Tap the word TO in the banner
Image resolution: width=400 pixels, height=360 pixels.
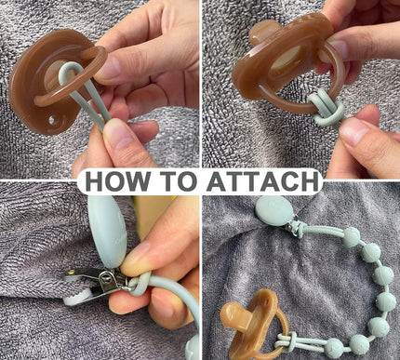point(179,181)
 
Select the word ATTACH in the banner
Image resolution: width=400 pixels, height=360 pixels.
point(263,181)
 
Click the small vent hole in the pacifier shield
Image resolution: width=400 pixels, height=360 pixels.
point(52,119)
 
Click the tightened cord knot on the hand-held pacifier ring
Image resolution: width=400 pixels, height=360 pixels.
point(324,106)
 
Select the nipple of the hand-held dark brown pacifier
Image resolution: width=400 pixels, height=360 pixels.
point(261,33)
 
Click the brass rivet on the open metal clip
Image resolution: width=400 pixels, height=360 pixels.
point(72,273)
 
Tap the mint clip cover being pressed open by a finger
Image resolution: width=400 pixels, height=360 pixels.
point(105,231)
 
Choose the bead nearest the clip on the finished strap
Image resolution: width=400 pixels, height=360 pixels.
point(351,237)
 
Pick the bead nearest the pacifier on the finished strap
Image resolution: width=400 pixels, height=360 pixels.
point(335,348)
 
